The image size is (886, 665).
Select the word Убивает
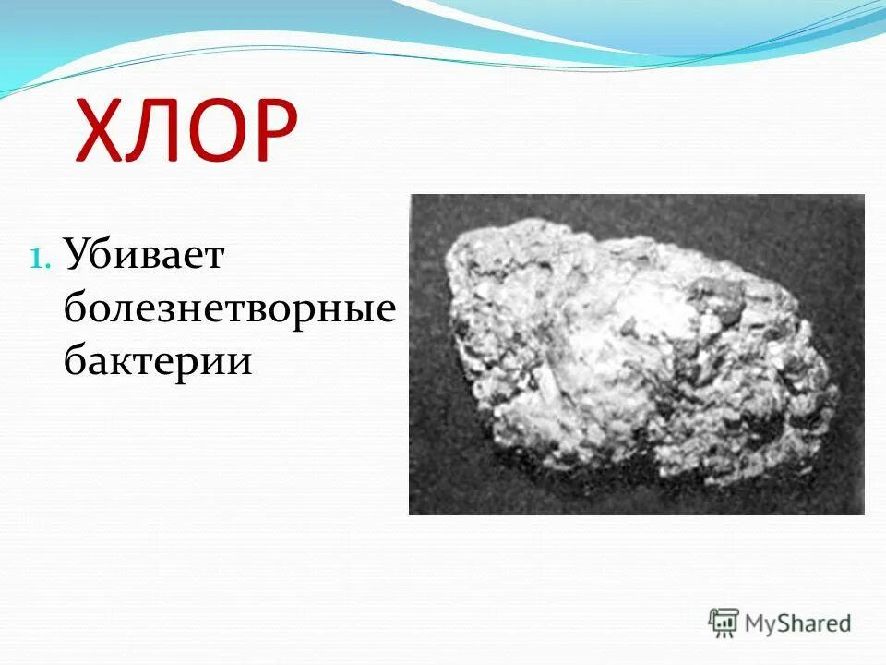[x=143, y=256]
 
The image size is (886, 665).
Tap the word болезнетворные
[x=230, y=308]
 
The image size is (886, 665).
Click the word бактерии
[x=157, y=360]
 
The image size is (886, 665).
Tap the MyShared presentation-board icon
[x=724, y=623]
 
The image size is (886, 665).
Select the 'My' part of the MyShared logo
[x=762, y=624]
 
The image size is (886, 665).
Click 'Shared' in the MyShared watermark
[x=816, y=623]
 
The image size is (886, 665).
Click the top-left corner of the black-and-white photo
[x=411, y=195]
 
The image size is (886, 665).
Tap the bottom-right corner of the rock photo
[x=863, y=514]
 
